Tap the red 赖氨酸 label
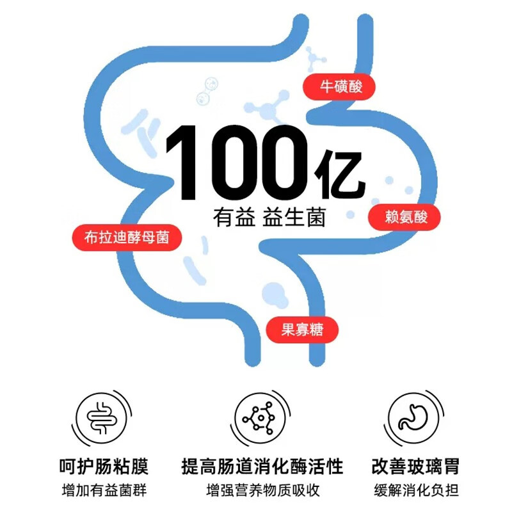coord(404,218)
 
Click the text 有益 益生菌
coord(269,217)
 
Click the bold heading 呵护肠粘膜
coord(104,465)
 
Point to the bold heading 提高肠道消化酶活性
coord(262,465)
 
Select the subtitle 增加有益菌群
coord(104,490)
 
